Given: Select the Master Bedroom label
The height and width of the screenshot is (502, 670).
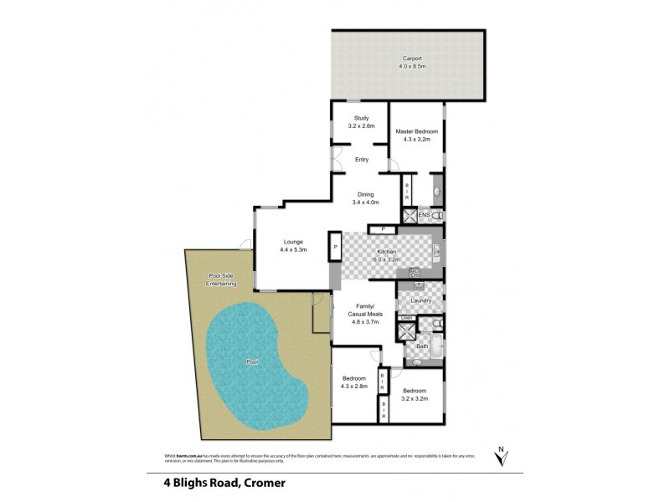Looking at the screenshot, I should pos(417,131).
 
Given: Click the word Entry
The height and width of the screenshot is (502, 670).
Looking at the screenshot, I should pos(362,160).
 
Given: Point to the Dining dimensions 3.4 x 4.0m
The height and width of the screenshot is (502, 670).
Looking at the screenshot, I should pos(365,202).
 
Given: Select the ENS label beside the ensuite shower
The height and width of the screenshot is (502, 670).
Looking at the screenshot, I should pos(424,216).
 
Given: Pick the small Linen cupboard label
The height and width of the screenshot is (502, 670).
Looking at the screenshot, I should pos(405,318).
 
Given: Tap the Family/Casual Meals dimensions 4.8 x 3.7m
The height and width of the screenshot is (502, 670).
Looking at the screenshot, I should pos(365,321).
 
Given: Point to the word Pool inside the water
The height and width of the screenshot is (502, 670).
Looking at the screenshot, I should pos(252,362).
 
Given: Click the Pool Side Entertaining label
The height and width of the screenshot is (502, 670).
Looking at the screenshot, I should pos(222,280).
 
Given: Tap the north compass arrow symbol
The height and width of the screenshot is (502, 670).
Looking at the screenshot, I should pos(501,458).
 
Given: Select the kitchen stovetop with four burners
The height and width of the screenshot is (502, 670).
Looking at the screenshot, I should pos(414,273).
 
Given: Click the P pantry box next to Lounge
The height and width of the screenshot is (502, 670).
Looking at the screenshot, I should pos(335,248).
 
